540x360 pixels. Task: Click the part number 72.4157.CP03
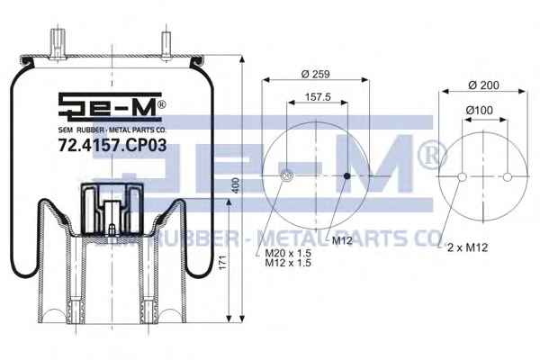112,145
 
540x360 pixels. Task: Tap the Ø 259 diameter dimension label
316,74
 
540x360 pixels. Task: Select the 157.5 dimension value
318,97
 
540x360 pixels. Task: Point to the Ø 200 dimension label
483,85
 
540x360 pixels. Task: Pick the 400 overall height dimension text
236,185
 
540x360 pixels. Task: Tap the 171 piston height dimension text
223,263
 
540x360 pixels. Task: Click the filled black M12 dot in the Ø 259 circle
347,176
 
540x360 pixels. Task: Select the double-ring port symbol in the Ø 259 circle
287,176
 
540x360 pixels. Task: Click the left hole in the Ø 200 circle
463,176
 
